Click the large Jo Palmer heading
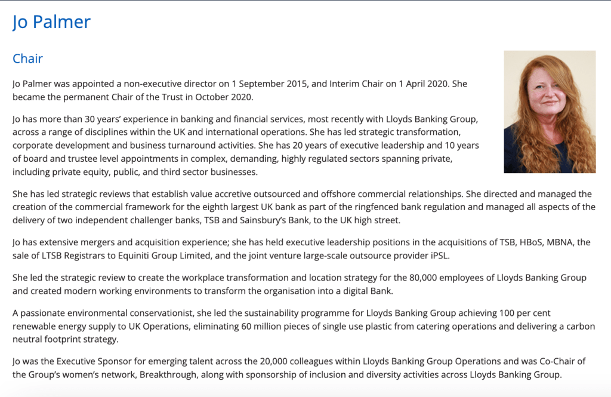51,22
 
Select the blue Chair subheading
27,59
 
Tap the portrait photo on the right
550,112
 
